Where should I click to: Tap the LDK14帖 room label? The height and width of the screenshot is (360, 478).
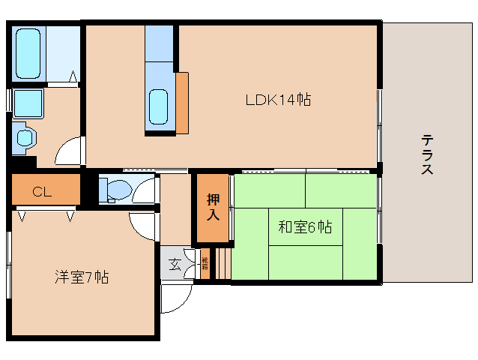pyautogui.click(x=278, y=99)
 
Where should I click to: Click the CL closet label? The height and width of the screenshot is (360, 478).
pyautogui.click(x=42, y=192)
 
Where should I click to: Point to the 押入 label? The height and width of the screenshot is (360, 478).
pyautogui.click(x=213, y=208)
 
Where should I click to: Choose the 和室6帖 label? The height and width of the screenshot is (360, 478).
pyautogui.click(x=305, y=227)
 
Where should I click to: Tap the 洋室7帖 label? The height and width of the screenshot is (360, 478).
pyautogui.click(x=82, y=277)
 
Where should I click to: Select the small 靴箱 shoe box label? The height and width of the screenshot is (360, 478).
pyautogui.click(x=205, y=264)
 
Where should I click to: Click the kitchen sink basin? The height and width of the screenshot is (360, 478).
pyautogui.click(x=159, y=106)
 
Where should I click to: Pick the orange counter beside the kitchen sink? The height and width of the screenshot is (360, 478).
pyautogui.click(x=182, y=102)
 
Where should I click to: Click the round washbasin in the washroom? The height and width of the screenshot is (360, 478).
pyautogui.click(x=25, y=138)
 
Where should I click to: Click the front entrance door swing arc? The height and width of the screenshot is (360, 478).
pyautogui.click(x=174, y=300)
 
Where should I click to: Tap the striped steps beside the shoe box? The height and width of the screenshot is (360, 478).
pyautogui.click(x=220, y=266)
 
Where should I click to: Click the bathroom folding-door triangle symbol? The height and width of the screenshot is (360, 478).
pyautogui.click(x=73, y=76)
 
